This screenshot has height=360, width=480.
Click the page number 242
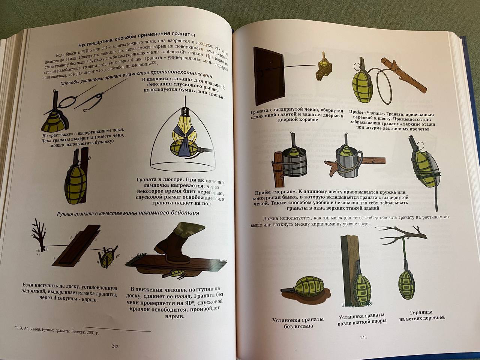115,346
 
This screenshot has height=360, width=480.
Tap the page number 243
363,337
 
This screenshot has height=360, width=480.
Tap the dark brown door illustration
268,76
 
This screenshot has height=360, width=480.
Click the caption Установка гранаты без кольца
298,323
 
